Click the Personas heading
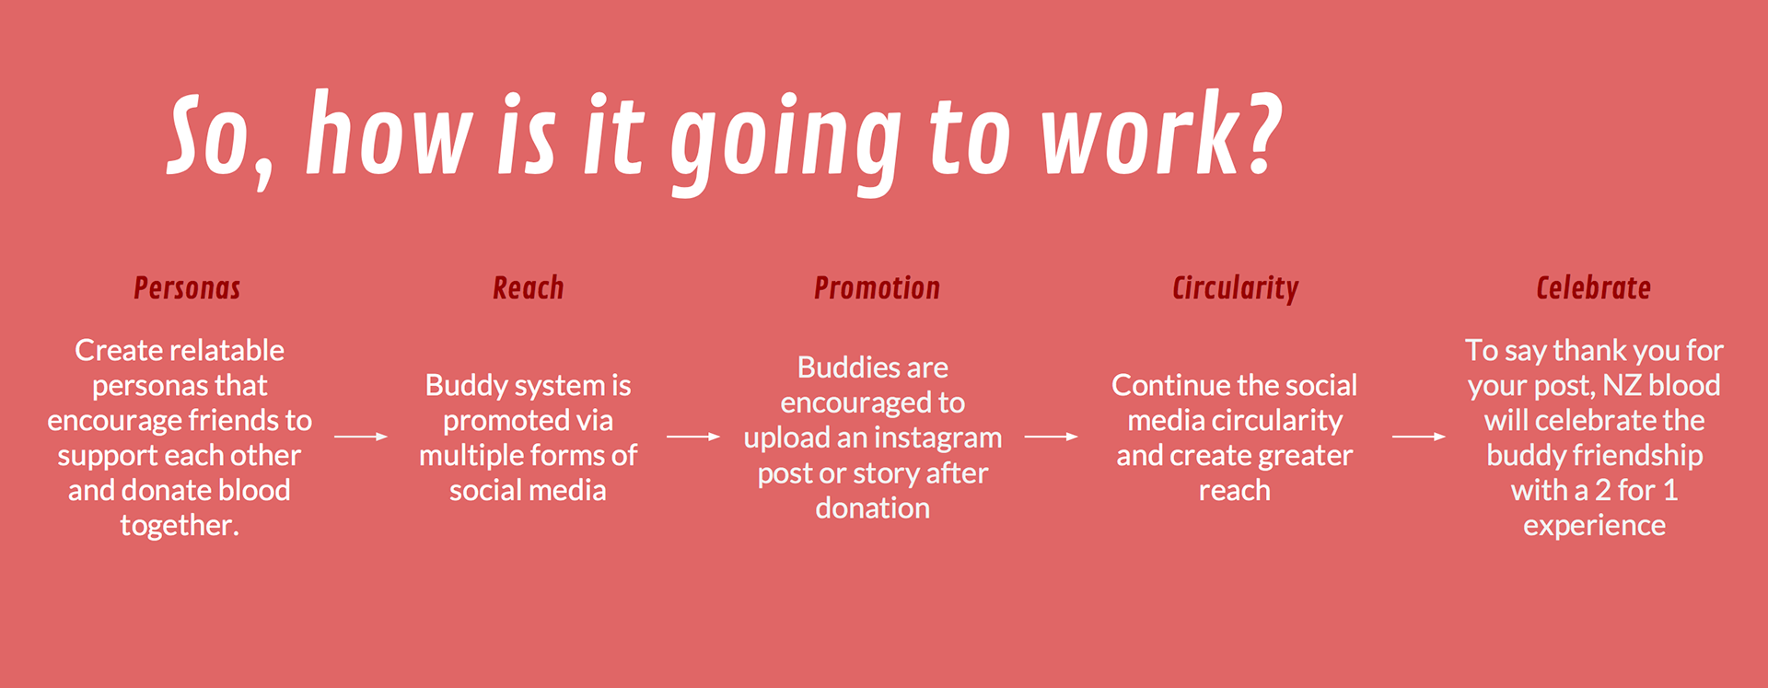click(187, 288)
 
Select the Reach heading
click(528, 288)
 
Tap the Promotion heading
click(877, 288)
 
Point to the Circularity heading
click(1235, 289)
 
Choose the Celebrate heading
click(1593, 288)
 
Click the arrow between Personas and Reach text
click(361, 437)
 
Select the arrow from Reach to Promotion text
click(693, 437)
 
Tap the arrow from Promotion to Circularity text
click(1052, 437)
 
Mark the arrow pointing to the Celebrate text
click(1419, 437)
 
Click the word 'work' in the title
click(1139, 134)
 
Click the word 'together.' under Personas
click(180, 526)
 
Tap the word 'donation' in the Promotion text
click(872, 508)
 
